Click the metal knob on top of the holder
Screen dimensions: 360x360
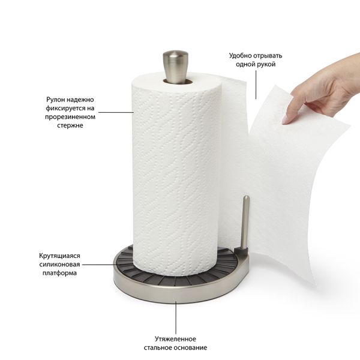tap(176, 66)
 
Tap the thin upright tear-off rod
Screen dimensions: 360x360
tap(245, 222)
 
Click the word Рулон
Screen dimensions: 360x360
tap(55, 100)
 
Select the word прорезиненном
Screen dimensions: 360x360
tap(70, 117)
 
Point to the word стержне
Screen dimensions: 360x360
tap(70, 125)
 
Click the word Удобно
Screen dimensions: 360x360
tap(241, 56)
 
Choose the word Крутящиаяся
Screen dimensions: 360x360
tap(59, 256)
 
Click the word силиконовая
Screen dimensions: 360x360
tap(59, 265)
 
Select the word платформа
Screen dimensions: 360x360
tap(59, 273)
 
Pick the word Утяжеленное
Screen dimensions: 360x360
tap(175, 339)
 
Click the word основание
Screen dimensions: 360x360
tap(191, 347)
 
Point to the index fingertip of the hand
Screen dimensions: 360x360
tap(285, 121)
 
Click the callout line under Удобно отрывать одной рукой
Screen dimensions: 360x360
tap(256, 85)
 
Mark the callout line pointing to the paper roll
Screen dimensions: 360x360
tap(116, 112)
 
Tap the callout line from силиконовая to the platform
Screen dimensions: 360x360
tap(100, 265)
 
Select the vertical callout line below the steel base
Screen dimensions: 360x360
tap(176, 317)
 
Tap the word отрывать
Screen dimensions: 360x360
tap(268, 56)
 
